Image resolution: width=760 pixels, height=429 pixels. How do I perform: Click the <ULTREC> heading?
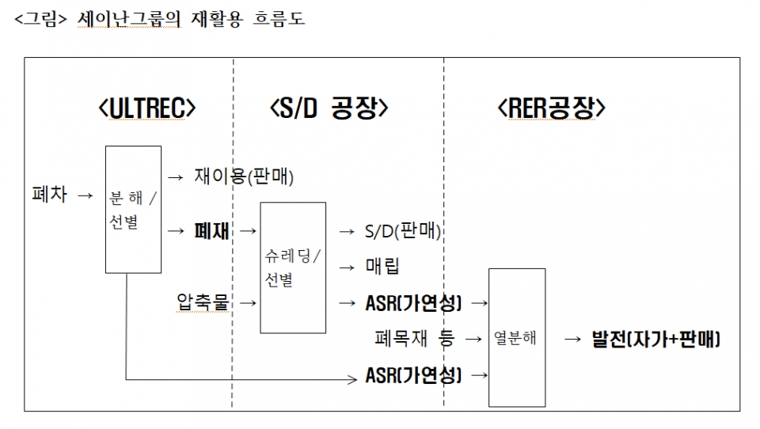(x=147, y=108)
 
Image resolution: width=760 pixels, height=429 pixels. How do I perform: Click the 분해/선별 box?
(x=133, y=209)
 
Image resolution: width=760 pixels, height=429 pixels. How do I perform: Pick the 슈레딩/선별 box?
(x=293, y=268)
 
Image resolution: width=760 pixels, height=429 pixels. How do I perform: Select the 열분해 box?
(x=516, y=337)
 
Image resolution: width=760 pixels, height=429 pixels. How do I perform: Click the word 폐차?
(x=49, y=194)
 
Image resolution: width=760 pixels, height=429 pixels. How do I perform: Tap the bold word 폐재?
(x=211, y=231)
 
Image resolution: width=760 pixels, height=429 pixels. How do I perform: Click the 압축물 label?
(x=203, y=302)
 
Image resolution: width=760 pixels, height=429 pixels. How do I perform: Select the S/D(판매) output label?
(x=402, y=231)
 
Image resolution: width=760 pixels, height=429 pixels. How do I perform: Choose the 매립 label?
(x=382, y=267)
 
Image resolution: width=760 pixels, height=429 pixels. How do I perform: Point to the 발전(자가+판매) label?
(x=655, y=339)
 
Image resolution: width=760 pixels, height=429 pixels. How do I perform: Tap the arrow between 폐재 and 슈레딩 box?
(x=248, y=231)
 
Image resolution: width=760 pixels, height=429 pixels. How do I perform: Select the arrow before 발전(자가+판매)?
(x=573, y=339)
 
